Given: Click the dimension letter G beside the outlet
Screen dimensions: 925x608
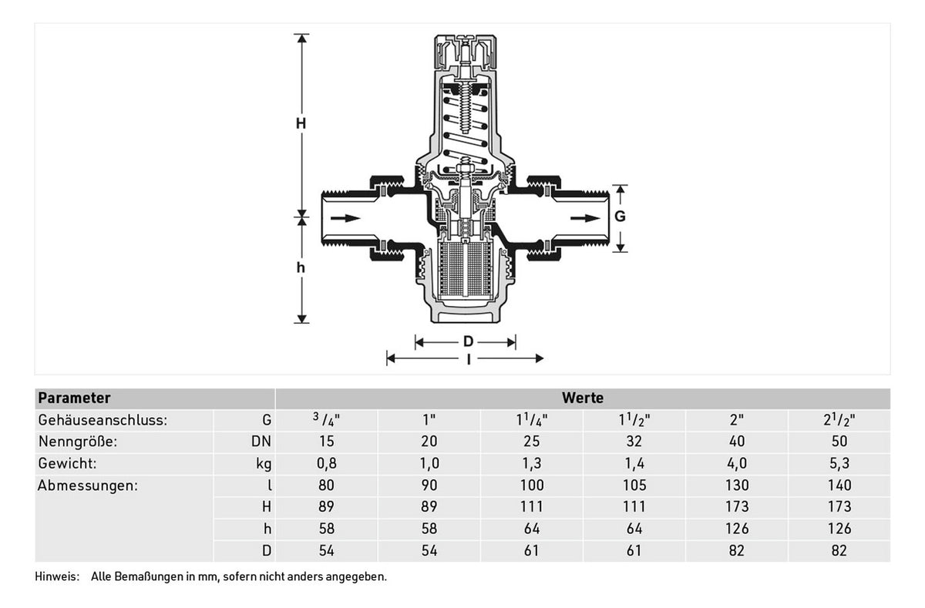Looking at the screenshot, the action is [x=620, y=216].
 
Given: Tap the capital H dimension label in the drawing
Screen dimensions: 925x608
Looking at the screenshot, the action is [x=301, y=123].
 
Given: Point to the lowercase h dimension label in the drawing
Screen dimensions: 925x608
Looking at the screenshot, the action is [x=301, y=267].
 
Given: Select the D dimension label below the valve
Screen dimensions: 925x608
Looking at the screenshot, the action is [x=468, y=341].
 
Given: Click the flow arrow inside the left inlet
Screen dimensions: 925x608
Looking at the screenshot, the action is [x=345, y=218].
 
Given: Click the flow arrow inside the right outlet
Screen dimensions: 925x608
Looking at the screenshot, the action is [x=585, y=218].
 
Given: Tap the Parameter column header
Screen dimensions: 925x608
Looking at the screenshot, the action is [x=74, y=398].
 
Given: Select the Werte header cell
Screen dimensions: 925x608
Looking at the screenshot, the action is [x=583, y=398].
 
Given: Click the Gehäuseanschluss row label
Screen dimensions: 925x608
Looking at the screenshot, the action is [x=103, y=420].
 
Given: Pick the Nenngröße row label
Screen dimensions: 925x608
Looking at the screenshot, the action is [x=78, y=442].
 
